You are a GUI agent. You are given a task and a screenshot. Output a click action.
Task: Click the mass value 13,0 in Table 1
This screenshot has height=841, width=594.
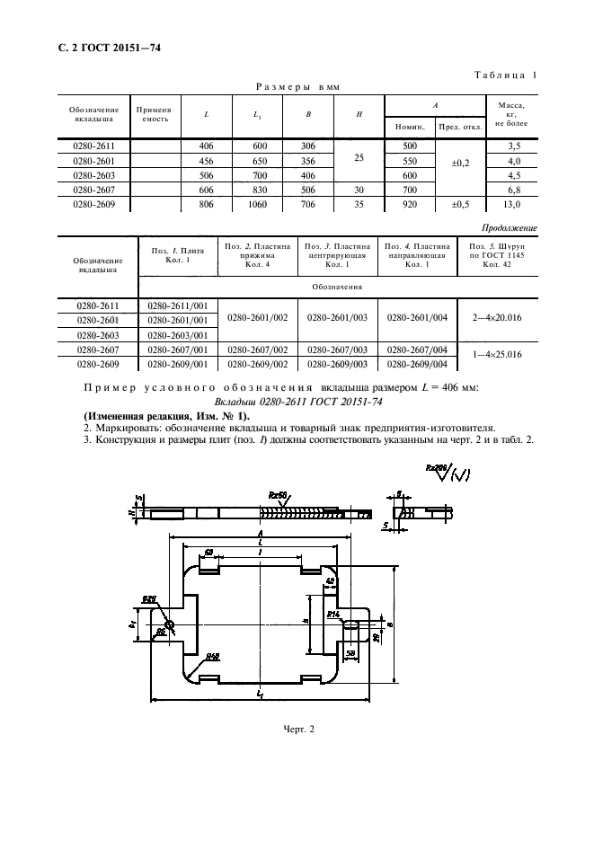pos(514,205)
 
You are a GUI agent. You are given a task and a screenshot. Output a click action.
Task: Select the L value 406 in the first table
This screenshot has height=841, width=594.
pos(207,145)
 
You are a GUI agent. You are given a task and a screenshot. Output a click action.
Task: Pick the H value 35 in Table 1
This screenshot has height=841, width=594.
pos(359,205)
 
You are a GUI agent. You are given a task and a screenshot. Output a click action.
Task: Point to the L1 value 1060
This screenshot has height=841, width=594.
pos(258,205)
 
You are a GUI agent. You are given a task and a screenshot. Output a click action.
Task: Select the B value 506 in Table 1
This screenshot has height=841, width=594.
pos(308,190)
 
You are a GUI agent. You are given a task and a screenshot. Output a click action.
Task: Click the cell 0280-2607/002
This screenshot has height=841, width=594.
pos(257,350)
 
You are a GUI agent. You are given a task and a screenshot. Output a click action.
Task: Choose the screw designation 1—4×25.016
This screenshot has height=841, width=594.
pos(496,357)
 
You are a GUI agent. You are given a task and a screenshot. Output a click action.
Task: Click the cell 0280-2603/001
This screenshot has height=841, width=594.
pos(176,334)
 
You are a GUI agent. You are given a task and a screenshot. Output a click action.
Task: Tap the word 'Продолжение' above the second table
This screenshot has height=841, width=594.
pos(510,228)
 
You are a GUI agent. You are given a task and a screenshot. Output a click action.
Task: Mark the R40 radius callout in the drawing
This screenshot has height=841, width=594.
pos(212,655)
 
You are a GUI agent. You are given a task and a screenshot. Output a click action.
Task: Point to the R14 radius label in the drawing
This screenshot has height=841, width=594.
pos(333,614)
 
